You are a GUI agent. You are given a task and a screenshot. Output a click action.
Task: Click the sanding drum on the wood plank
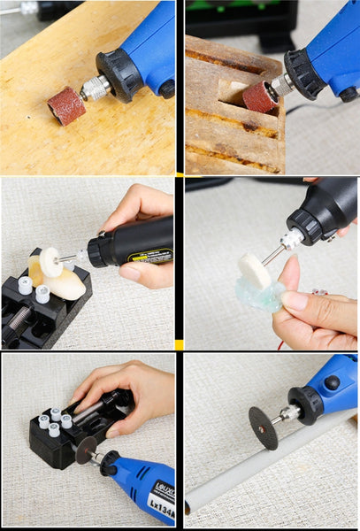coord(66,106)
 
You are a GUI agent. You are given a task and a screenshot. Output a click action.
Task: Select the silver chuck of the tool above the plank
coord(95,87)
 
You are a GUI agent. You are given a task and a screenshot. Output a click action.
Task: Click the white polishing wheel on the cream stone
coord(50,262)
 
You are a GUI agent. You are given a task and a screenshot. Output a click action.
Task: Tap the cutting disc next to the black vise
coord(86,450)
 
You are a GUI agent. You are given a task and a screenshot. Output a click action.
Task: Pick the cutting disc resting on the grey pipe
coord(263,427)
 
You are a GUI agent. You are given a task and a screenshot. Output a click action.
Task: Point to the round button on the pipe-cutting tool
coord(332,383)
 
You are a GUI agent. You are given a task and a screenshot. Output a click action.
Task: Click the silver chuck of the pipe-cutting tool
coord(287,412)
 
